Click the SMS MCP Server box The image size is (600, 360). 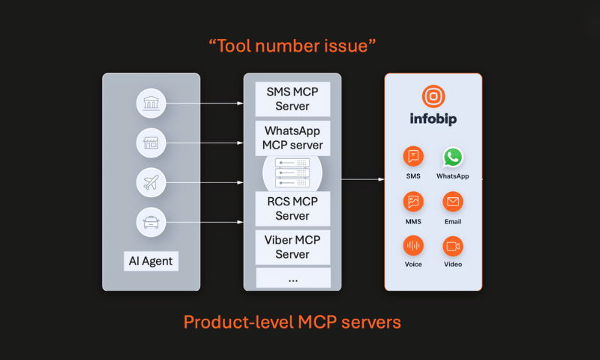click(292, 97)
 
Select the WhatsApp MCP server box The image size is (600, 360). click(292, 137)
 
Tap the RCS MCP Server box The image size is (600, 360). click(292, 208)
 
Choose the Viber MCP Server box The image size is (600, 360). click(292, 247)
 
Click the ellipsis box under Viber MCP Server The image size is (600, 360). click(292, 277)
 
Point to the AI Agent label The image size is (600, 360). click(151, 262)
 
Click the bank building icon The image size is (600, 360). click(151, 103)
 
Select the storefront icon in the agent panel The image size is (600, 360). click(151, 142)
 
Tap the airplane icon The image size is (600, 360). click(151, 181)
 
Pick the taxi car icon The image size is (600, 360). click(151, 221)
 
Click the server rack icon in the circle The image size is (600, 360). click(292, 173)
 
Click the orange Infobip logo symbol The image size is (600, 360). click(433, 96)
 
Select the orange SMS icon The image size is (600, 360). click(413, 157)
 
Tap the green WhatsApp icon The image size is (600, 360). click(452, 157)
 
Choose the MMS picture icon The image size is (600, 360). click(413, 202)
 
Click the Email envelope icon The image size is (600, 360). click(452, 202)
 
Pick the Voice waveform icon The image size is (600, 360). click(413, 245)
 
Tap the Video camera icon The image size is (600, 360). click(452, 245)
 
